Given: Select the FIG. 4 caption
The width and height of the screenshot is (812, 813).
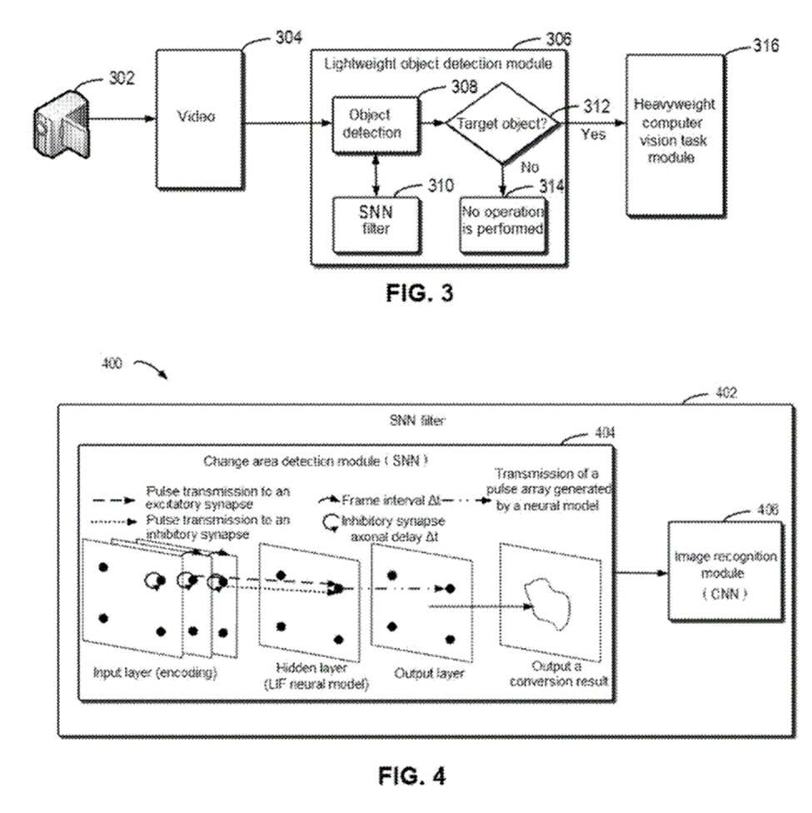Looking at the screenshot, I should [411, 776].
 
